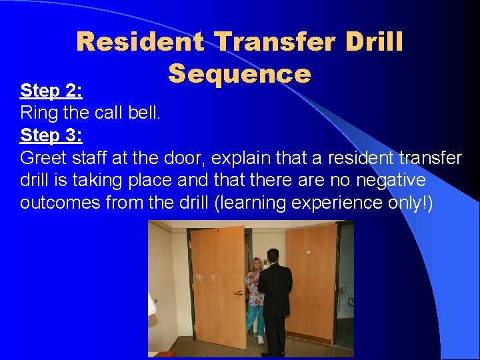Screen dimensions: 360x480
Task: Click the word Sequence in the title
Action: click(x=239, y=73)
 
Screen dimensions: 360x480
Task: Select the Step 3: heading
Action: click(x=51, y=135)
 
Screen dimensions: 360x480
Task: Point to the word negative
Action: click(x=392, y=181)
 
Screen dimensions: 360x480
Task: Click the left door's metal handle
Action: click(x=238, y=292)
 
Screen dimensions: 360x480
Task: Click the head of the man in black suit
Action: click(x=272, y=255)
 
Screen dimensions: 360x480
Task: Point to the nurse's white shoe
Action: click(x=260, y=339)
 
